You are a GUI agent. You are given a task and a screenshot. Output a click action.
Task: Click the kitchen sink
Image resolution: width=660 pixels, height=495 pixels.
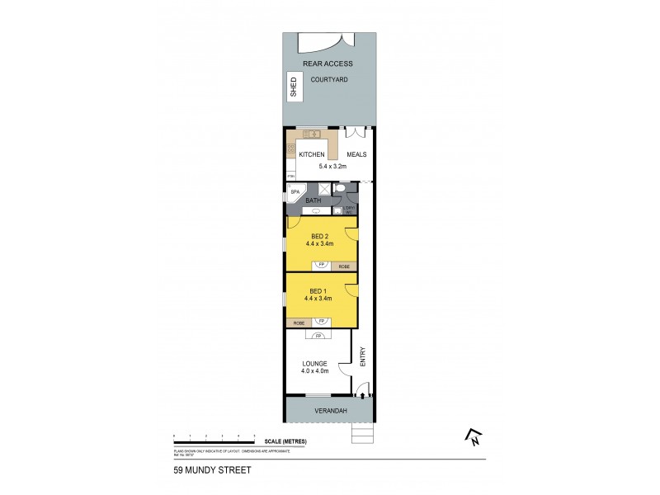click(x=314, y=132)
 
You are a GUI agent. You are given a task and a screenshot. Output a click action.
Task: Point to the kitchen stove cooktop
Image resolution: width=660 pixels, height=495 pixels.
click(x=291, y=149)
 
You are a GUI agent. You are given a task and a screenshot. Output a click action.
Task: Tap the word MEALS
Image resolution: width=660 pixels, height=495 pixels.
click(x=356, y=154)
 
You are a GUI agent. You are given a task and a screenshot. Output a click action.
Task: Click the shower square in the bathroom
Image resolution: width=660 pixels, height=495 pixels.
click(x=325, y=190)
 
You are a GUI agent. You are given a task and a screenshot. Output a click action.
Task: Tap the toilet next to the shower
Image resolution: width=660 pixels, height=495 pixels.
click(x=342, y=188)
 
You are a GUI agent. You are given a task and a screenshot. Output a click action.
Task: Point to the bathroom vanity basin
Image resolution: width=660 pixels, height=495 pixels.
click(x=315, y=210)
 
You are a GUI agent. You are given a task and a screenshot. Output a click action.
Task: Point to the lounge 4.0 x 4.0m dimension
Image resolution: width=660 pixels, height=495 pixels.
click(x=314, y=371)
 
